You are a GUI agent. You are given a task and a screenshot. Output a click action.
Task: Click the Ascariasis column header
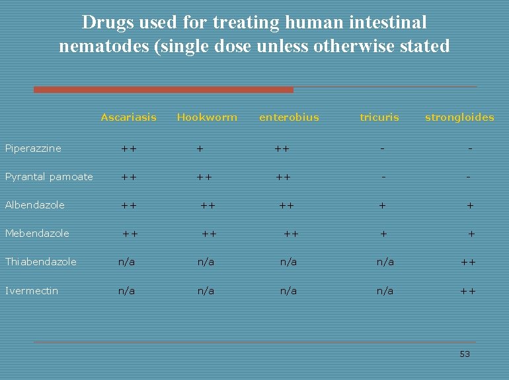point(128,117)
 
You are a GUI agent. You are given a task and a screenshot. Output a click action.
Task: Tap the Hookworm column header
point(207,117)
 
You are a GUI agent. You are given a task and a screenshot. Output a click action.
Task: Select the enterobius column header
point(289,117)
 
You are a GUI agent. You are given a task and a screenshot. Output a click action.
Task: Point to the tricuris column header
point(379,117)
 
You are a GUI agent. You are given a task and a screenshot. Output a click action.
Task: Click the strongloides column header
point(459,117)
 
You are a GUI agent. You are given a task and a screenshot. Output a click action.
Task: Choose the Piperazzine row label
point(33,148)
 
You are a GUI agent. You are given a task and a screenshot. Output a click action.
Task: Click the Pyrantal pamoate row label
point(49,177)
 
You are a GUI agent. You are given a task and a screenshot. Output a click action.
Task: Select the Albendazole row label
point(35,205)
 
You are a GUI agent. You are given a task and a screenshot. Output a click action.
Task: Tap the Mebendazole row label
point(37,234)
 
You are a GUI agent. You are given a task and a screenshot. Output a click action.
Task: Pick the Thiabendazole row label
point(41,262)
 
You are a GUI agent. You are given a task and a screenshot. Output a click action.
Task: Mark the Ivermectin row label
point(32,291)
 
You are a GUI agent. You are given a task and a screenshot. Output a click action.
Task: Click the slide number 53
point(465,354)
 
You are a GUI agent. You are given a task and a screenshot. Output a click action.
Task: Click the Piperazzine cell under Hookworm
point(200,149)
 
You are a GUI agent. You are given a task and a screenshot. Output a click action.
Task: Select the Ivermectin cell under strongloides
point(468,291)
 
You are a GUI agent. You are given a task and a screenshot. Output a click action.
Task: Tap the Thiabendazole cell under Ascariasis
point(126,262)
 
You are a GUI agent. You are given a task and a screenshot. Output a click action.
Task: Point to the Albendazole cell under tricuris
point(382,205)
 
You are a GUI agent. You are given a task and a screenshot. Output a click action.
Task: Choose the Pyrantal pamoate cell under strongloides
point(468,177)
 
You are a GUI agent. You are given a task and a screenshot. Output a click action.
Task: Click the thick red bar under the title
point(163,90)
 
